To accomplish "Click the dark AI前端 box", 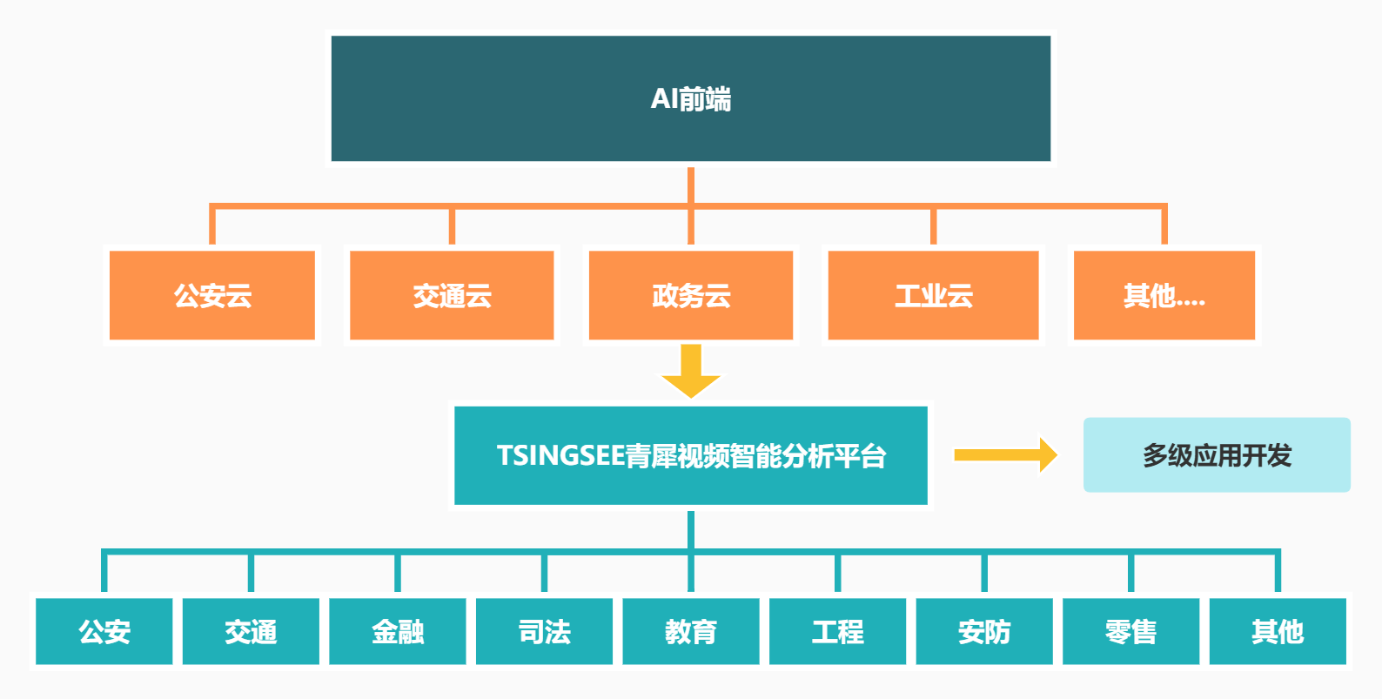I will click(x=691, y=98).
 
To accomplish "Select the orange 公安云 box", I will click(x=212, y=295).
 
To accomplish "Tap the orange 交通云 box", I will click(x=452, y=295).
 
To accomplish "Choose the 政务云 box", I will click(x=691, y=295).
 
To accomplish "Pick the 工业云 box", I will click(x=933, y=295).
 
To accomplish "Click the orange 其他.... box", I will click(x=1164, y=295).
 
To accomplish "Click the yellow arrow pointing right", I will click(x=1005, y=454).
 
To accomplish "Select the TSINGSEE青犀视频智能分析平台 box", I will click(x=691, y=455).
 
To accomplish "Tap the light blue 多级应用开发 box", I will click(x=1217, y=454).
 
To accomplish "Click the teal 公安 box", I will click(x=104, y=631).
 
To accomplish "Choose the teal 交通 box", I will click(x=251, y=631).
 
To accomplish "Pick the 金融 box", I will click(x=398, y=631).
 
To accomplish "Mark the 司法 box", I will click(x=544, y=631).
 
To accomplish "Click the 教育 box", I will click(x=691, y=631).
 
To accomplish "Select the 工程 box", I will click(x=837, y=631).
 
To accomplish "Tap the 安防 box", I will click(x=984, y=631).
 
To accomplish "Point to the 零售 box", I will click(x=1130, y=631).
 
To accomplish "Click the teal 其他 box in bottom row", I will click(x=1278, y=631).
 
